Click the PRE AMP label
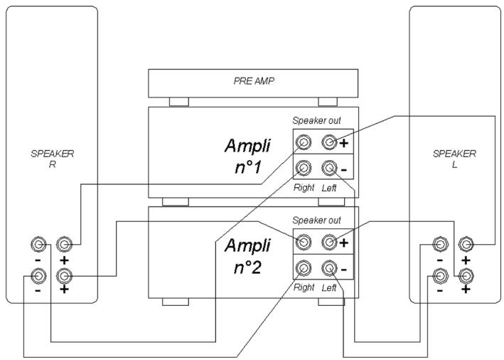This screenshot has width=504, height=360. [253, 81]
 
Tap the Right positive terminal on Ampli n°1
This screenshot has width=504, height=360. [304, 142]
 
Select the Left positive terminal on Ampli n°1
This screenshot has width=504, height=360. [328, 142]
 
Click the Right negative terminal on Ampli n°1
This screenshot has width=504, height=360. [304, 169]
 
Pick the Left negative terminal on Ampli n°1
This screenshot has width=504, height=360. [328, 169]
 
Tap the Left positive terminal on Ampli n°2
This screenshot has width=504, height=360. [328, 243]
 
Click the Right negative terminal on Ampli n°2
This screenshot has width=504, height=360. [304, 269]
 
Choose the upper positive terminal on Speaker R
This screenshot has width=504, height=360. [64, 245]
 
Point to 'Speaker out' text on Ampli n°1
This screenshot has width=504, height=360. [316, 120]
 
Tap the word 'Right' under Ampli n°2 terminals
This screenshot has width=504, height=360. [304, 288]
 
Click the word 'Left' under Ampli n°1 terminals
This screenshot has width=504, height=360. [328, 188]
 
